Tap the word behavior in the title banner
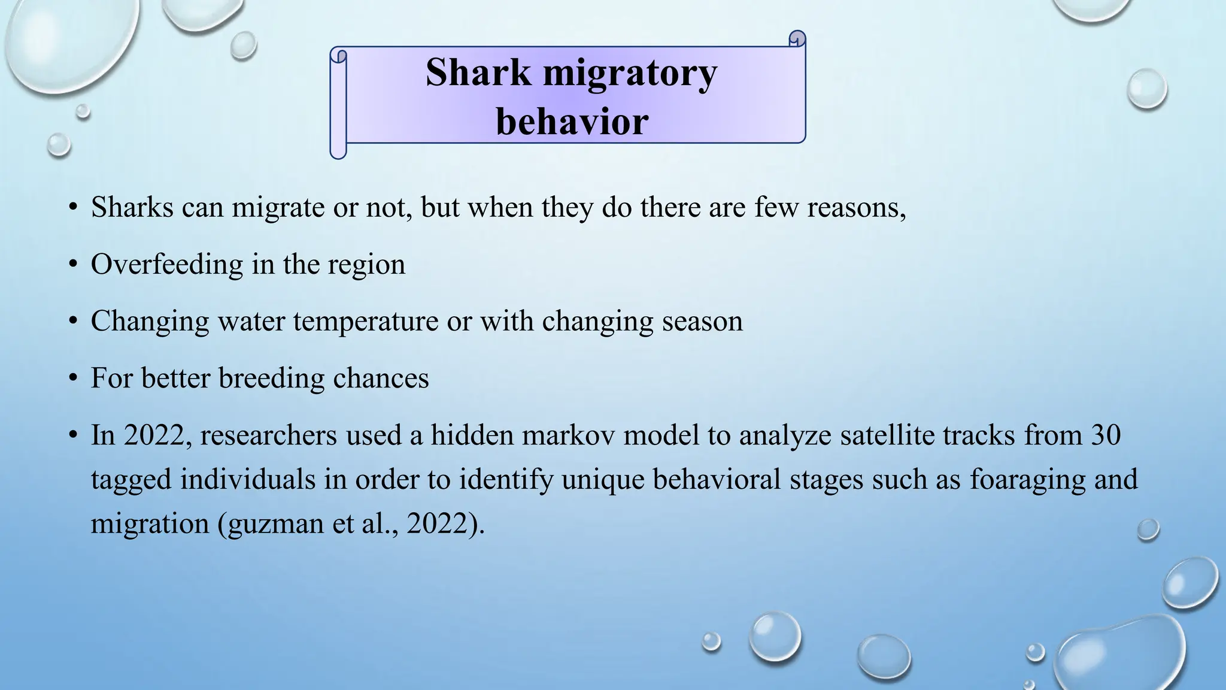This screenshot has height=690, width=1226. click(572, 122)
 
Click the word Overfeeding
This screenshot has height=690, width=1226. click(166, 264)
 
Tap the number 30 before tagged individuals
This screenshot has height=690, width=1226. click(1106, 435)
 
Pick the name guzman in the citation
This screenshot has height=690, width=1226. click(275, 524)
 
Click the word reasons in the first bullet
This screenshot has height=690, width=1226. click(856, 208)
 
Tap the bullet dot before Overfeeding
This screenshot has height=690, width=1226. click(73, 264)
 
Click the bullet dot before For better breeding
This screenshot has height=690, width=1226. click(73, 379)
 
